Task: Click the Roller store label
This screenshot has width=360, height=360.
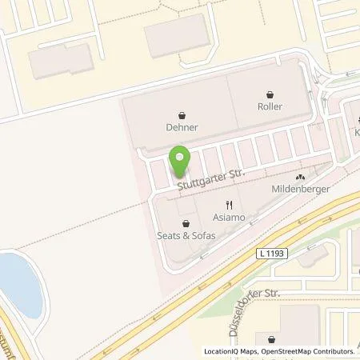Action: [x=270, y=106]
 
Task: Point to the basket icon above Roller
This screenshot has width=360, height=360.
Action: [x=270, y=93]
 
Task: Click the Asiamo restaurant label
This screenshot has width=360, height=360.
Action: [x=229, y=217]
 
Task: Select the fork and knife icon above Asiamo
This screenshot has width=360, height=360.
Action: [x=229, y=204]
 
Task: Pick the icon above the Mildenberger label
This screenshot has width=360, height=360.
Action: [x=300, y=178]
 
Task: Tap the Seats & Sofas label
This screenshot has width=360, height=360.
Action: [x=186, y=237]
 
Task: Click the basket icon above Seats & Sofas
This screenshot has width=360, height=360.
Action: [x=186, y=224]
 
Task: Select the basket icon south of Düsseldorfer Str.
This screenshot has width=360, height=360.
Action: [x=271, y=339]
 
